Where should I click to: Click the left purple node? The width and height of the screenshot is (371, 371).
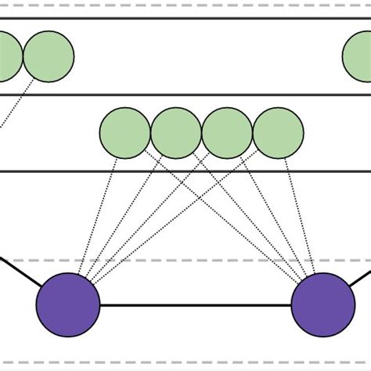pyautogui.click(x=69, y=304)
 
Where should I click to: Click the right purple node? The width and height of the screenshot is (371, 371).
pyautogui.click(x=322, y=304)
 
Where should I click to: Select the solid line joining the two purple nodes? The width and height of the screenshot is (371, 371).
pyautogui.click(x=196, y=305)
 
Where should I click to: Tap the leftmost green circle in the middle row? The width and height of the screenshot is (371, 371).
pyautogui.click(x=125, y=132)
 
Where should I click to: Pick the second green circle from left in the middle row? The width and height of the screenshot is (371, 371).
pyautogui.click(x=176, y=132)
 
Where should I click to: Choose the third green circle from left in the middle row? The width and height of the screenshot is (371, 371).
pyautogui.click(x=227, y=132)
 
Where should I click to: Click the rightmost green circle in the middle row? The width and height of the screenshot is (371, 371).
pyautogui.click(x=278, y=132)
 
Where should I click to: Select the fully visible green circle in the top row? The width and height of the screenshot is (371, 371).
pyautogui.click(x=49, y=56)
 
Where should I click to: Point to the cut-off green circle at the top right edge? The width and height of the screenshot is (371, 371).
pyautogui.click(x=358, y=56)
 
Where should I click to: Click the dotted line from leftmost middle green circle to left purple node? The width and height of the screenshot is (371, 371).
pyautogui.click(x=99, y=219)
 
